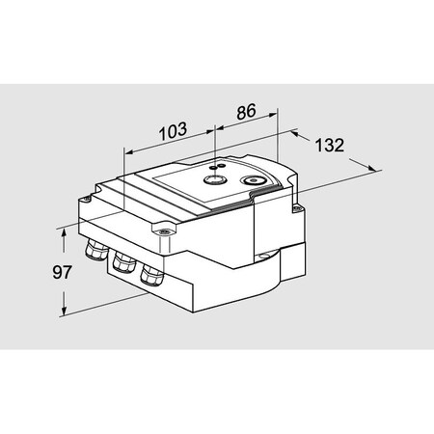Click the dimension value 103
171,129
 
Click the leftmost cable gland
95,253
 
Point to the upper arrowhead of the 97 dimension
65,231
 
